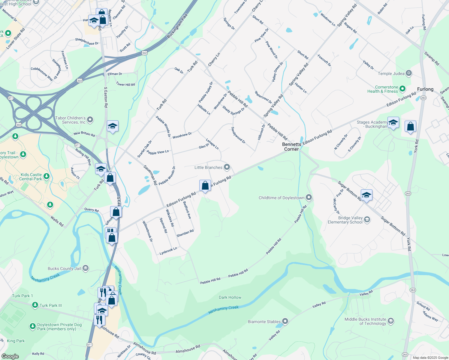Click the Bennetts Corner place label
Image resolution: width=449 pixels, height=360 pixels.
[291, 147]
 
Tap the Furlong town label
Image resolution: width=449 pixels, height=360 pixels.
[425, 89]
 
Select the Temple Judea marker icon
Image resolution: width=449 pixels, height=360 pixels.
[408, 73]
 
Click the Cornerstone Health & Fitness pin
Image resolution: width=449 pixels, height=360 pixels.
[402, 89]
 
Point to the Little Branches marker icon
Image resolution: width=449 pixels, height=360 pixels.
[227, 167]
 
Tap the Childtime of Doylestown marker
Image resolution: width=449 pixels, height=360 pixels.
[309, 197]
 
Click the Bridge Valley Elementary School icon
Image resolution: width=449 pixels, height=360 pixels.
[367, 220]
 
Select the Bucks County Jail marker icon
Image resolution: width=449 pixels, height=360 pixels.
[86, 268]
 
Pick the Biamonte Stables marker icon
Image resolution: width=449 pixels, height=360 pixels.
[285, 321]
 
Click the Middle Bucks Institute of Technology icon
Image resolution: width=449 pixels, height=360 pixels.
[390, 321]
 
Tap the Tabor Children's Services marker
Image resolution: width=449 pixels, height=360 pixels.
[90, 120]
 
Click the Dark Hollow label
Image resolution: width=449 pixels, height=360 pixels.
[230, 297]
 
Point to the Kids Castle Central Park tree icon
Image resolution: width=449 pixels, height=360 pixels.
[46, 176]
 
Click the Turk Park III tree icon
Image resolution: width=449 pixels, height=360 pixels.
[35, 305]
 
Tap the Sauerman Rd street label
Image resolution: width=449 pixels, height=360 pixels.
[150, 175]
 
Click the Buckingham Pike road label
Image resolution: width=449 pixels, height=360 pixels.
[177, 25]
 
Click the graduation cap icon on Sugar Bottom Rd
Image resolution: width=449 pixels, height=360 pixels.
[366, 195]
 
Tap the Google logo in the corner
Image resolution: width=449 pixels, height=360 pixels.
[10, 356]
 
